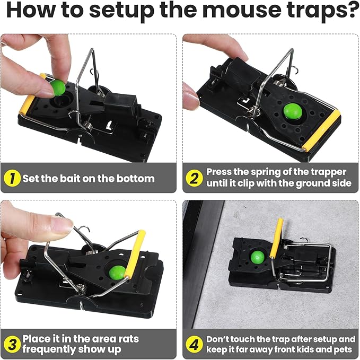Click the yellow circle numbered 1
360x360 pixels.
(x=12, y=178)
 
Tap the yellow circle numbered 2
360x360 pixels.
(x=194, y=178)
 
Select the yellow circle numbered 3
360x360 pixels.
(x=12, y=344)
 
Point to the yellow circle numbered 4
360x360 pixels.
(x=194, y=344)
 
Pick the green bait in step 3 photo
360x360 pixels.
(x=118, y=273)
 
